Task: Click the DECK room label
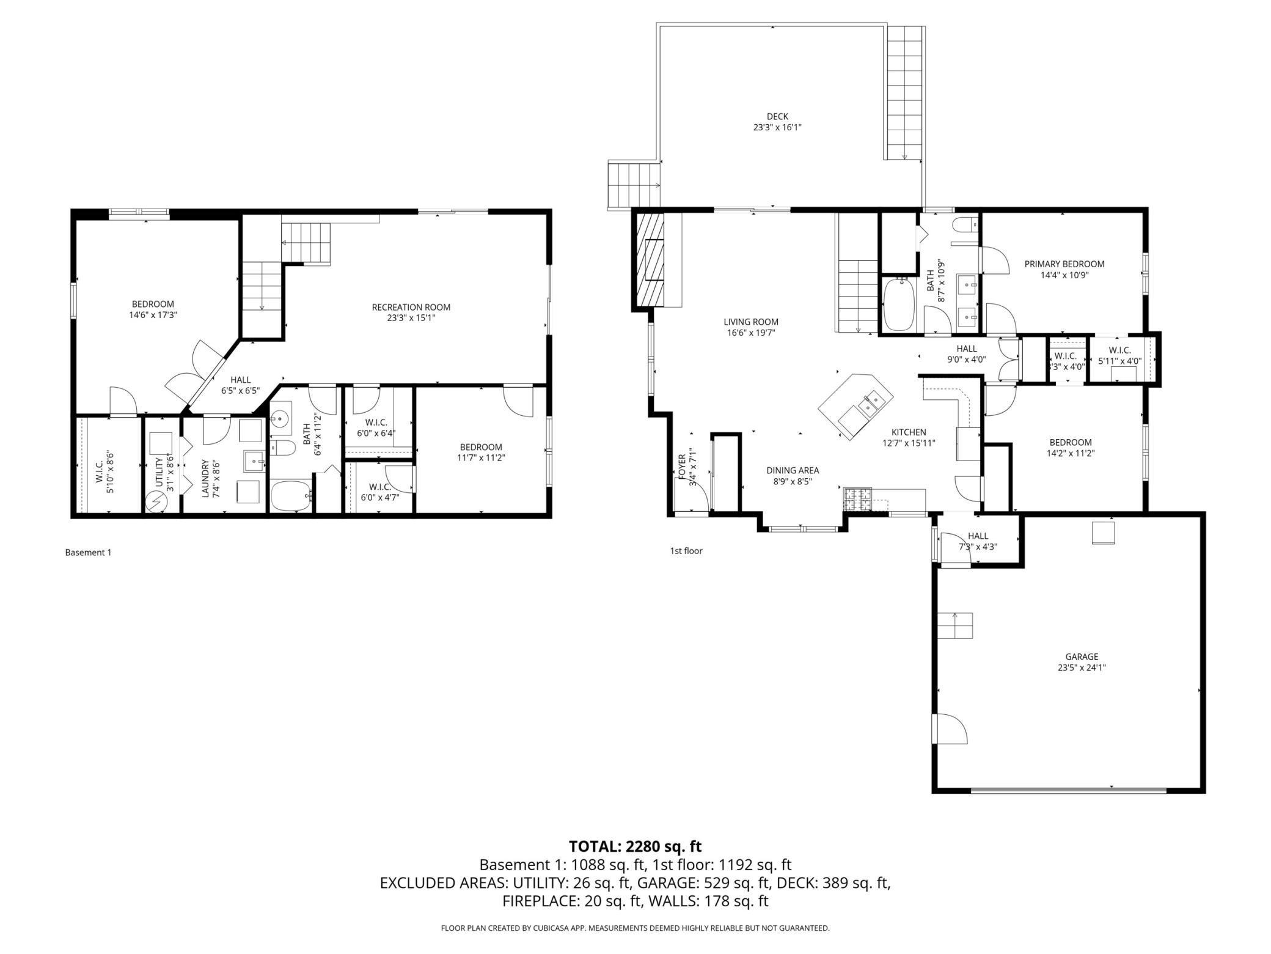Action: [777, 116]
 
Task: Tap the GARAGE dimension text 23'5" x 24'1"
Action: [1082, 668]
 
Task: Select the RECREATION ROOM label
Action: [411, 307]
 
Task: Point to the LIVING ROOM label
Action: [751, 322]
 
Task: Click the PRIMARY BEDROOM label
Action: [1064, 264]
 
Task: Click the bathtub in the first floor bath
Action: [898, 305]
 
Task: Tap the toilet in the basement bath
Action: [282, 448]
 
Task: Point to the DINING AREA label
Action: [793, 470]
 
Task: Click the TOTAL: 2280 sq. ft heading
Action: [635, 846]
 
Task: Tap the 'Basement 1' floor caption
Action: [88, 552]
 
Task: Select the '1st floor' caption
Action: [686, 550]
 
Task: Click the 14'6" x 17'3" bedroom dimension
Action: [153, 315]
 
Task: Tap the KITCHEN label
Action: [909, 432]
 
